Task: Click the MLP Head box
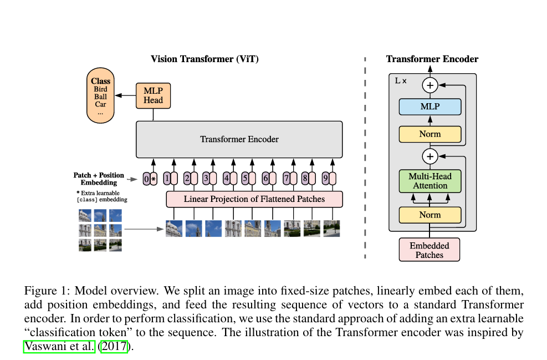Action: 153,95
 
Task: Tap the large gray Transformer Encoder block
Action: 239,139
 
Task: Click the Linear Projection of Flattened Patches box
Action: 254,199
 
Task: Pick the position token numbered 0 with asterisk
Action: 150,179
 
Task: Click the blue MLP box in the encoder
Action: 430,107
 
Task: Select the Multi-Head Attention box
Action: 430,181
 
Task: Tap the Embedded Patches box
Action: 430,250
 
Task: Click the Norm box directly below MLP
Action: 430,134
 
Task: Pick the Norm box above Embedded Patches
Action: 430,215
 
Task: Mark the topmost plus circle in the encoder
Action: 430,85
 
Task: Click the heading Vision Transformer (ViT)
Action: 205,59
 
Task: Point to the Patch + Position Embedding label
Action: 99,179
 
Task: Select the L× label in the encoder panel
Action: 401,81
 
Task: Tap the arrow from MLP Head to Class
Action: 125,95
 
